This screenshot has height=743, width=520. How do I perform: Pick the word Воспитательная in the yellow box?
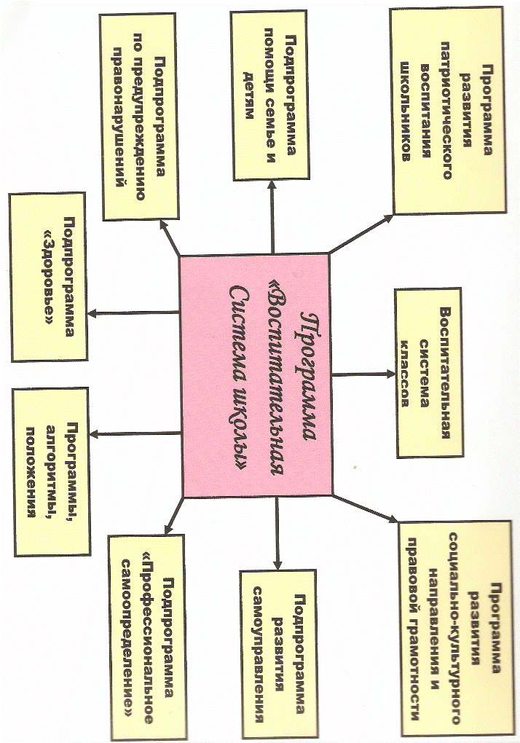tap(444, 373)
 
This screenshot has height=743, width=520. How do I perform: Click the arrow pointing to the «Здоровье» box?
tap(133, 312)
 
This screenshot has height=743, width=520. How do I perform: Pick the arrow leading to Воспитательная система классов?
tap(363, 374)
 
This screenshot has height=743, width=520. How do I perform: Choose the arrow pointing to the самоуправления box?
tap(277, 532)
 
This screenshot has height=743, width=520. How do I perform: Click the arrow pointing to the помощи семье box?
tap(272, 217)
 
